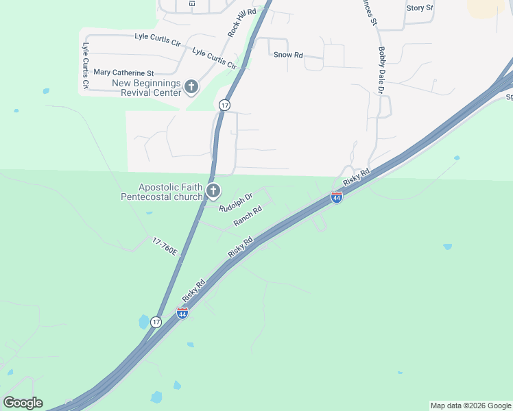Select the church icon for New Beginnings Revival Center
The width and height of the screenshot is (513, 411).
[x=191, y=87]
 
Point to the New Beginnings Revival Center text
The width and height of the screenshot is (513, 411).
[x=147, y=88]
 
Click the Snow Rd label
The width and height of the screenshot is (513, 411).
[x=288, y=55]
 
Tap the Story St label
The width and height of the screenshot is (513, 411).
[x=420, y=8]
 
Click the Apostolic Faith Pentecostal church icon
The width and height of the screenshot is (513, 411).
[x=213, y=191]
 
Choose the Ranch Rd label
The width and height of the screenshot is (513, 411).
[x=248, y=216]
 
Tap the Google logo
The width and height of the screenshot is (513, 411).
[x=23, y=403]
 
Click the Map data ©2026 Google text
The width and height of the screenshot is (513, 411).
[x=470, y=406]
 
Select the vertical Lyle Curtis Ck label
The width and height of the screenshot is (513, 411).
[x=86, y=66]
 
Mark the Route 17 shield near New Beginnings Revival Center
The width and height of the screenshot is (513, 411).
[x=224, y=105]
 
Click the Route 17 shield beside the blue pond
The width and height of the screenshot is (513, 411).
[x=156, y=322]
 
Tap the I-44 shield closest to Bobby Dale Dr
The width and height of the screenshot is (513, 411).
[x=336, y=197]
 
